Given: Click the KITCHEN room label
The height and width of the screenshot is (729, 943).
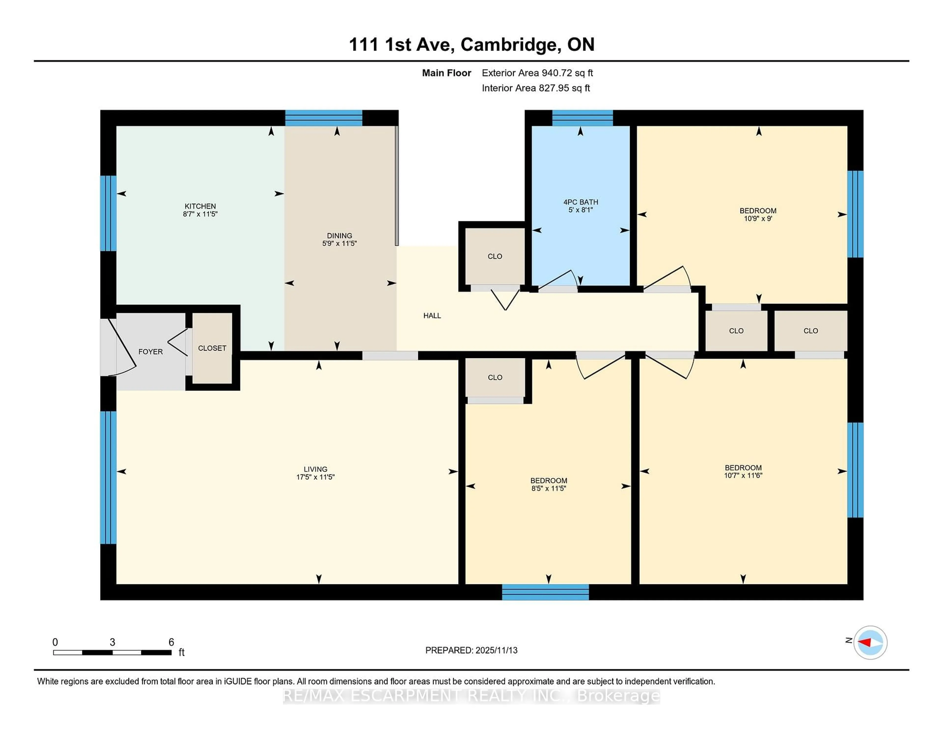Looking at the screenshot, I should [200, 206].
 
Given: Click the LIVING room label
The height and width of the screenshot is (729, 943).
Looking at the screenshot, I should [315, 469].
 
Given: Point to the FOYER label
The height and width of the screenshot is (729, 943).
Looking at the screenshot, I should [150, 351].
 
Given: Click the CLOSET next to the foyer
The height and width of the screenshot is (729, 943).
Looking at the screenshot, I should [212, 348].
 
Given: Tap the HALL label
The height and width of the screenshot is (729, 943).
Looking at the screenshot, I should [432, 316].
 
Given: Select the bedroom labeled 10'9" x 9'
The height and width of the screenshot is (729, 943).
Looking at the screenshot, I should [758, 215].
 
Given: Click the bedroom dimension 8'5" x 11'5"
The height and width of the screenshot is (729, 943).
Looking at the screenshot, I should [548, 489].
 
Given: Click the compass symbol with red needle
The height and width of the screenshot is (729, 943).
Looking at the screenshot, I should [870, 642].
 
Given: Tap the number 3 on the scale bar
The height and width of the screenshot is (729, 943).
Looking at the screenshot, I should [112, 642].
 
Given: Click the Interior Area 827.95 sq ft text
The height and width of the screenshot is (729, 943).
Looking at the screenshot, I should [535, 88].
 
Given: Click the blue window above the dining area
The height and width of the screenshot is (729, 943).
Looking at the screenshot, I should [323, 118].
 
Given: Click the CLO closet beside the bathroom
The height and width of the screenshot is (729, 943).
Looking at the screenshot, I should [495, 256].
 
